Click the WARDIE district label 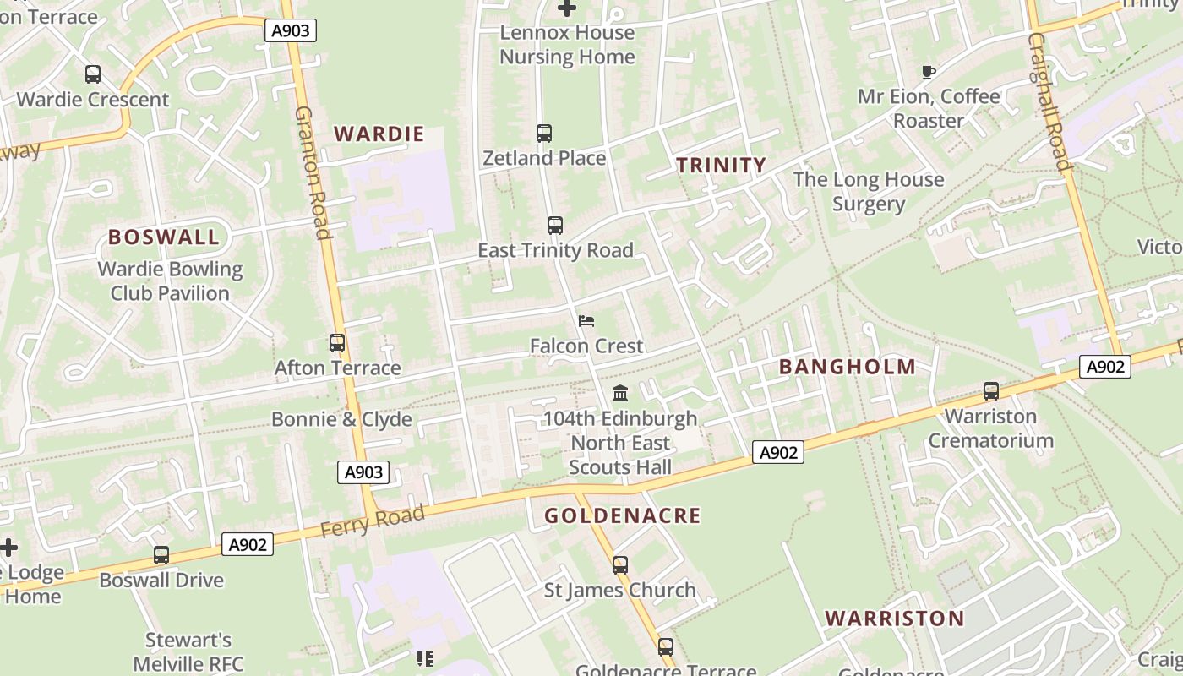(x=379, y=134)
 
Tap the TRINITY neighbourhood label (x=721, y=165)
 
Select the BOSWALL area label (x=164, y=237)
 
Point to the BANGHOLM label (x=847, y=367)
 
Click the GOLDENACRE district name (x=622, y=515)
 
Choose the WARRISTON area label (x=894, y=618)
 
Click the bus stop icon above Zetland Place (x=544, y=134)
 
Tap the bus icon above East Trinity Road (x=555, y=226)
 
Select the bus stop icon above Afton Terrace (x=337, y=343)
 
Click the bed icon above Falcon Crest (x=586, y=321)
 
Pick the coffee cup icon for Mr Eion (x=929, y=72)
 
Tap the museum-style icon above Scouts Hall (x=620, y=393)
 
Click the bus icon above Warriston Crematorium (x=991, y=391)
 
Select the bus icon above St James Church (x=620, y=565)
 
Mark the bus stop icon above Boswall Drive (x=161, y=555)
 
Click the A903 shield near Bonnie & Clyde (x=364, y=472)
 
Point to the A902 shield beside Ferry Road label (x=248, y=545)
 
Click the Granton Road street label (x=312, y=172)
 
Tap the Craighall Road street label (x=1050, y=101)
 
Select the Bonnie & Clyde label (x=341, y=419)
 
